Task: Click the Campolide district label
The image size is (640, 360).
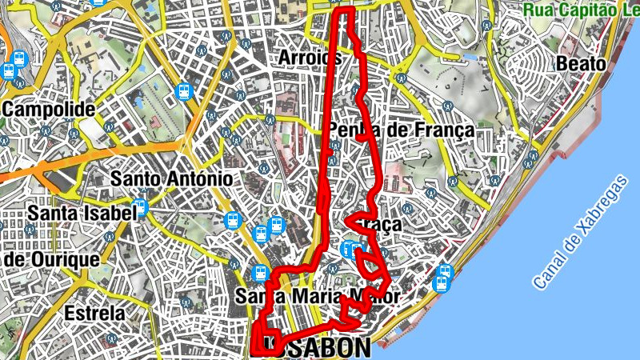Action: point(50,109)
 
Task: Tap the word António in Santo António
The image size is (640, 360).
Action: point(199,178)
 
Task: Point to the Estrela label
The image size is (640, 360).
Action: point(96,312)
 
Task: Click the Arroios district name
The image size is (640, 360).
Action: point(310,58)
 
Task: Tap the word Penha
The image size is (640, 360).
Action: point(350,130)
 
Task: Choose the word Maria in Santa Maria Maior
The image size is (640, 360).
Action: point(315,297)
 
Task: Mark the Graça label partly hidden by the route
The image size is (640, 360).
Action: point(381,226)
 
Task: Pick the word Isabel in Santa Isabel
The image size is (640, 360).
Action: point(107,214)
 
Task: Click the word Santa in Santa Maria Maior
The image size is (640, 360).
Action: point(256,297)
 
